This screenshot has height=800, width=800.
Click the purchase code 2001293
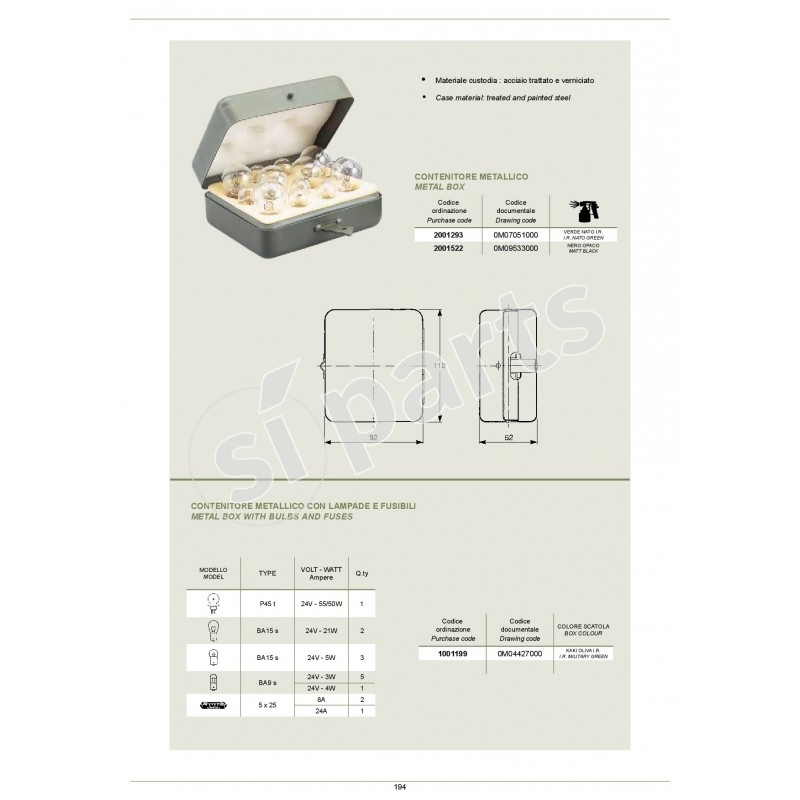pos(448,233)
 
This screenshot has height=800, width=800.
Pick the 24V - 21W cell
pos(316,632)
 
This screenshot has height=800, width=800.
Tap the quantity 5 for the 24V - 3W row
pos(360,677)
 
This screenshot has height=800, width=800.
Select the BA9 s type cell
pos(267,683)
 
